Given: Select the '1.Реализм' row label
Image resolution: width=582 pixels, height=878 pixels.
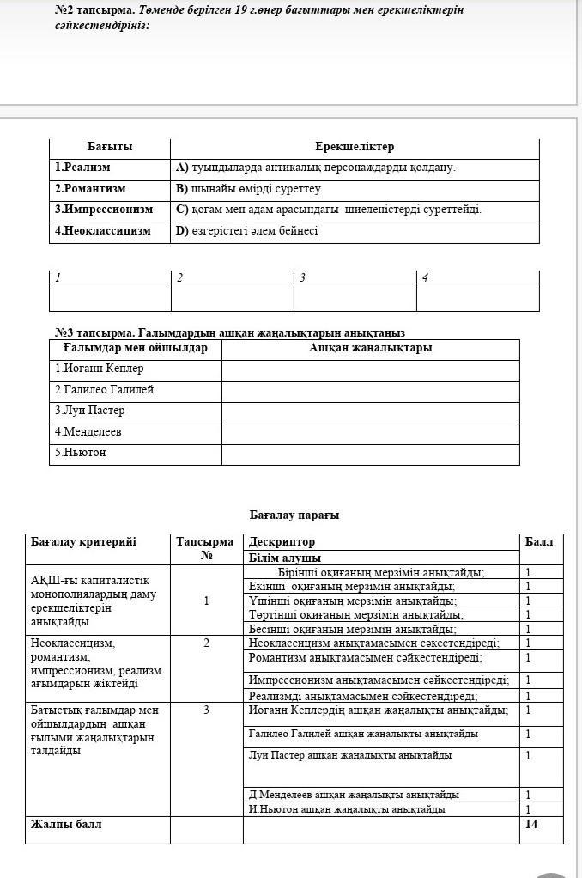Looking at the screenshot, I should (82, 168).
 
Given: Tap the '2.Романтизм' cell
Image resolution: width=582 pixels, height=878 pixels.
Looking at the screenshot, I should (90, 188).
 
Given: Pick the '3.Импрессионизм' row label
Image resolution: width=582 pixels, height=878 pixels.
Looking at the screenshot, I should (104, 209).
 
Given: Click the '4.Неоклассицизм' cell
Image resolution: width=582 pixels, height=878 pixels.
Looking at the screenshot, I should (103, 230).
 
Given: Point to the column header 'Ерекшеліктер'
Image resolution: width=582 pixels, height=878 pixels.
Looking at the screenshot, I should (355, 147).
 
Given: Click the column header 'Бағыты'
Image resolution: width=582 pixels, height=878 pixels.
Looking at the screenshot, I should (109, 147).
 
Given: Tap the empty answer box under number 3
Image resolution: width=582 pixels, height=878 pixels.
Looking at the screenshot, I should (355, 297).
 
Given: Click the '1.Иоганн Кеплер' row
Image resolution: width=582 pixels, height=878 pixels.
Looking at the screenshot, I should (100, 369).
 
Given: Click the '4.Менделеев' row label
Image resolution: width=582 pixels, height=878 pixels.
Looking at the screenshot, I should (88, 432).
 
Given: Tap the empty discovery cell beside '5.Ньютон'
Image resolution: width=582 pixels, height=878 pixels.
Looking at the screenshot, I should (370, 453).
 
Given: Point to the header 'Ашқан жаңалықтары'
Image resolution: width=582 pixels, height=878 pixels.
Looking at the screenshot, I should (370, 348).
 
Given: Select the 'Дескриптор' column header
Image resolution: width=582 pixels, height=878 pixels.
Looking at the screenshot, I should (282, 542).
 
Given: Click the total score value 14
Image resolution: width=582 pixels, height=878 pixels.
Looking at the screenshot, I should (531, 825).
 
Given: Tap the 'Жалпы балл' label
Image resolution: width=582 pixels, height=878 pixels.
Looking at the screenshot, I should (66, 825).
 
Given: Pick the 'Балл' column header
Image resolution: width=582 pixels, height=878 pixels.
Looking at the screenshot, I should (539, 541).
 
